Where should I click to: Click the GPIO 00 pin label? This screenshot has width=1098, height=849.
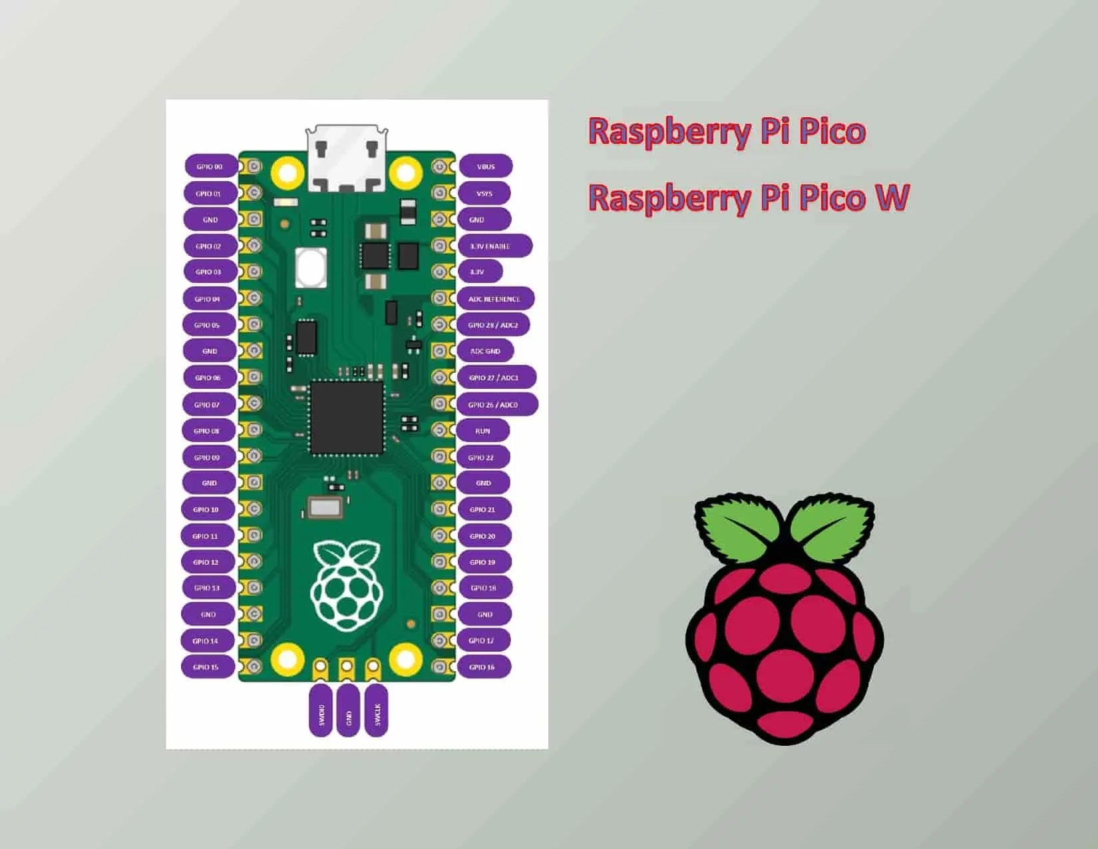click(210, 166)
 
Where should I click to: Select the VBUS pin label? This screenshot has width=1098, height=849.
click(486, 166)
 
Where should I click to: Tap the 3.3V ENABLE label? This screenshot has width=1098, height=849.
click(494, 246)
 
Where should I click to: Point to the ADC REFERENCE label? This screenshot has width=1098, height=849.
click(495, 299)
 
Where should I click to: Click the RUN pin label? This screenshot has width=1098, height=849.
click(482, 431)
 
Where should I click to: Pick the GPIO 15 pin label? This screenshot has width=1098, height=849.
click(206, 667)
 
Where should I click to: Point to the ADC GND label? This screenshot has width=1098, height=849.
click(485, 351)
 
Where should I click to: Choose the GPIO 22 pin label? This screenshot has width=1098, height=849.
click(482, 457)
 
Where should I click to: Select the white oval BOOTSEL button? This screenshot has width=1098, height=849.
click(311, 267)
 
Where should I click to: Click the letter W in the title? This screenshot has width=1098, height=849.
click(890, 197)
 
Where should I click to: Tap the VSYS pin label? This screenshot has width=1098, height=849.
click(484, 193)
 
